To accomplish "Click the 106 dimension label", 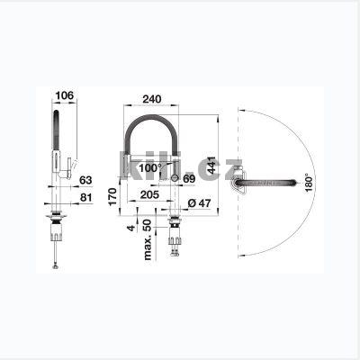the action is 65,95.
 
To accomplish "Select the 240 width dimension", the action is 152,99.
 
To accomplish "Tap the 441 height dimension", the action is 211,165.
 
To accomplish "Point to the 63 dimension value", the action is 85,180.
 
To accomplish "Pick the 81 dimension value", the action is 86,197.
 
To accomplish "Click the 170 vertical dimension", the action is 112,196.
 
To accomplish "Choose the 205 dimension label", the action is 149,194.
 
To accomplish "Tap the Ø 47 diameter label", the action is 200,203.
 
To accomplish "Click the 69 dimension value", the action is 189,179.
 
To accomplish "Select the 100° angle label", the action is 150,168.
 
